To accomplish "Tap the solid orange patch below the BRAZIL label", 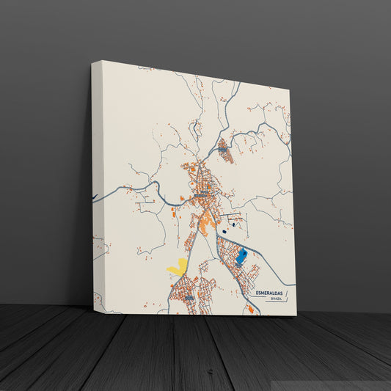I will (251, 309).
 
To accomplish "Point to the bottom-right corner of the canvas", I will (296, 315).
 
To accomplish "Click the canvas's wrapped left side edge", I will (98, 183).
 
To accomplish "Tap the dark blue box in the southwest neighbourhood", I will (189, 298).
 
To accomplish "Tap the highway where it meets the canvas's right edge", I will (294, 285).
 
